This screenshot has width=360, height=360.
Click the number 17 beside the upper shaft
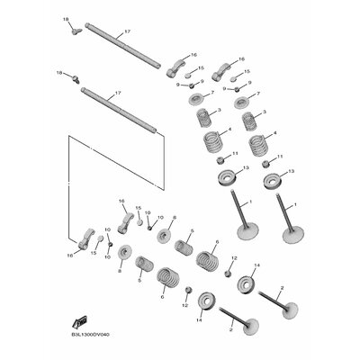[128, 31]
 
